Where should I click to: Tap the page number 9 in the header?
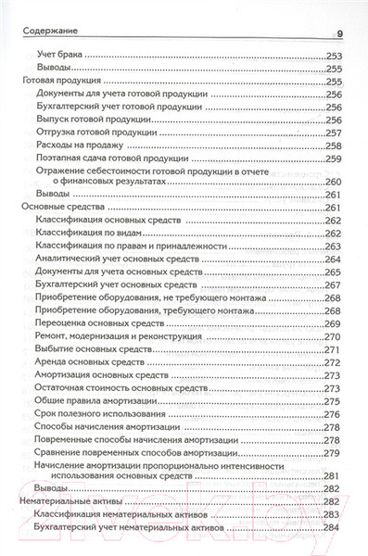pos(339,34)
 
